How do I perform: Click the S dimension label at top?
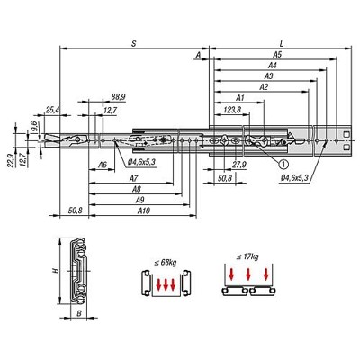134,44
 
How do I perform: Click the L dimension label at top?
282,44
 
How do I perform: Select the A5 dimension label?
277,55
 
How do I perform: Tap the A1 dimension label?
240,98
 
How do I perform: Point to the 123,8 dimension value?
232,110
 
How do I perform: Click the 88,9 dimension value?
118,97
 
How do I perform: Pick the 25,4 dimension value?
53,110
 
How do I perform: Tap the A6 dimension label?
103,165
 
